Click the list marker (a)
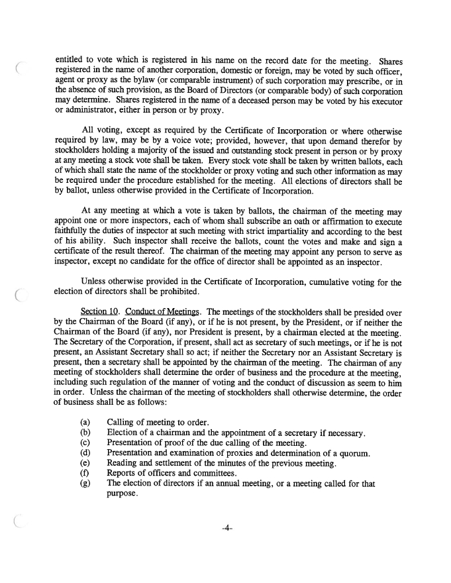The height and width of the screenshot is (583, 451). pyautogui.click(x=85, y=422)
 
